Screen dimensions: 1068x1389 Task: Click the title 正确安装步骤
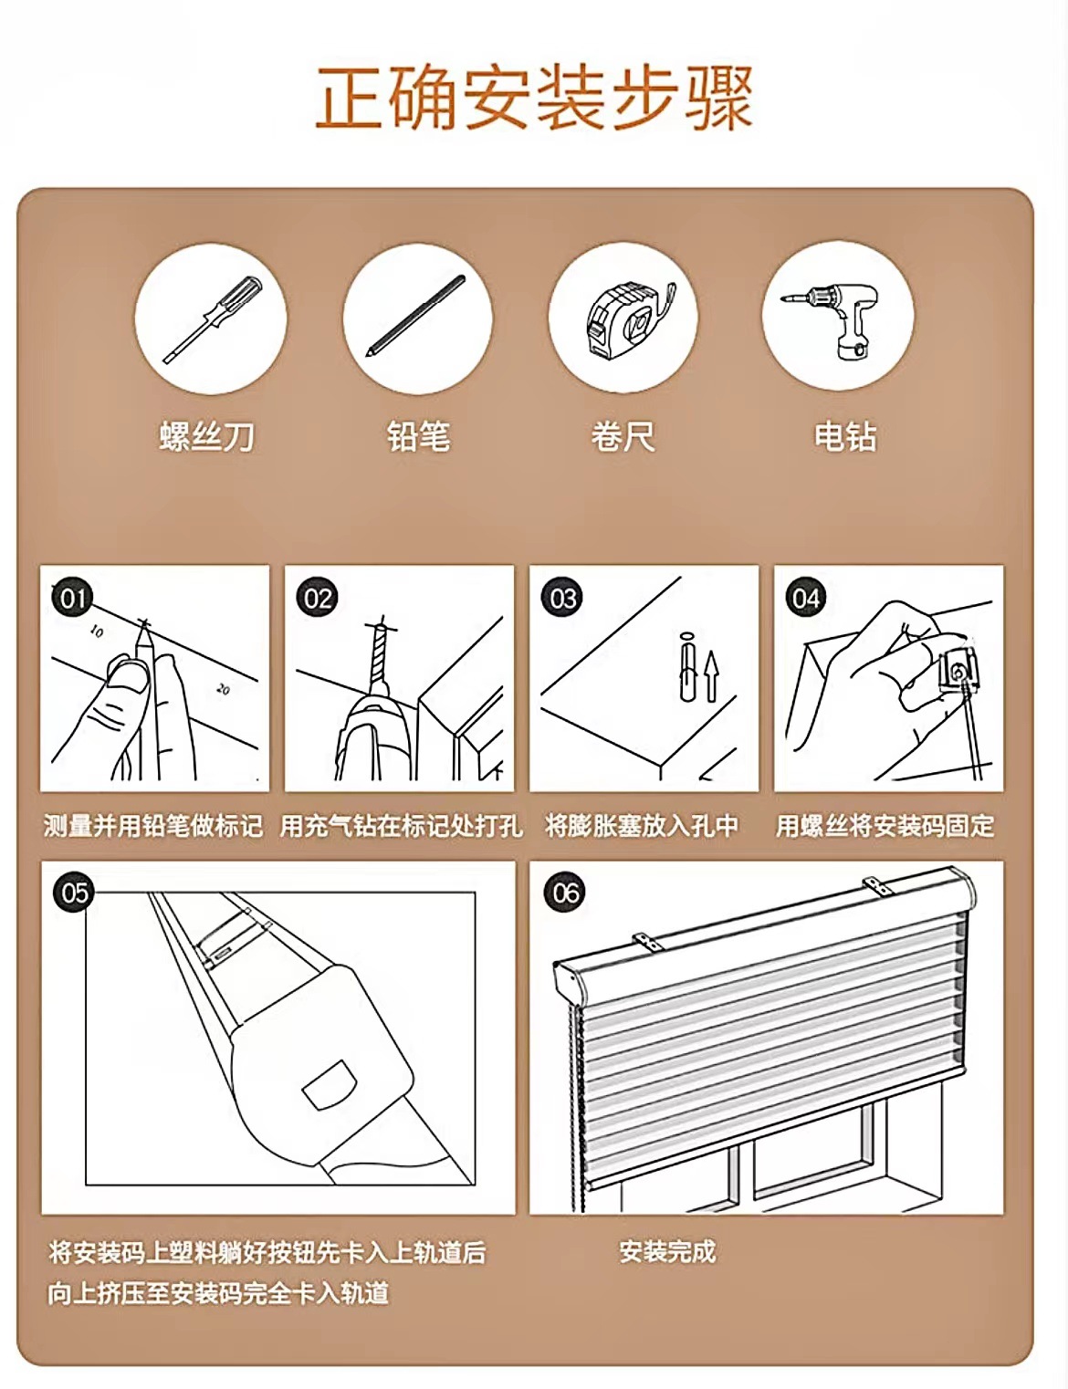pos(534,98)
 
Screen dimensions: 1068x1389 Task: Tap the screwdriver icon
pos(212,319)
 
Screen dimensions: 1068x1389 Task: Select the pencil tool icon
pos(416,316)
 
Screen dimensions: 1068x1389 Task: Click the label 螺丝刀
pos(207,437)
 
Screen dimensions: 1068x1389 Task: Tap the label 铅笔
pos(419,437)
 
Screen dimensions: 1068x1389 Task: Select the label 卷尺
pos(623,437)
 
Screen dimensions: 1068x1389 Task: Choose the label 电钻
pos(845,437)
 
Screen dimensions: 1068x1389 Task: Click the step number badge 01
pos(72,599)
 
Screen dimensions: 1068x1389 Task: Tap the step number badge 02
pos(318,599)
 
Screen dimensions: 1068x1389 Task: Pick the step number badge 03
pos(562,599)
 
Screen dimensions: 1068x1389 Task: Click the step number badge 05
pos(74,893)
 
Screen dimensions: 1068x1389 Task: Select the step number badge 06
pos(565,893)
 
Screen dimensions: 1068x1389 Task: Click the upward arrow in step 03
pos(711,676)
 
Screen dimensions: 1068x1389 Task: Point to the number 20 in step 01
pos(223,689)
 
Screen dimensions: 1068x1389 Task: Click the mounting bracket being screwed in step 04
pos(958,674)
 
